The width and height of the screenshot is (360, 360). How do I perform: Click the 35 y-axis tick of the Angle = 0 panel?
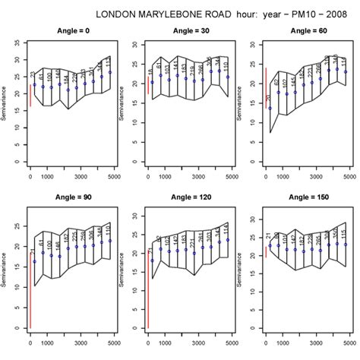[18, 45]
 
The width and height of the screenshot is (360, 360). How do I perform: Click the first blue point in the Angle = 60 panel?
[270, 109]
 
